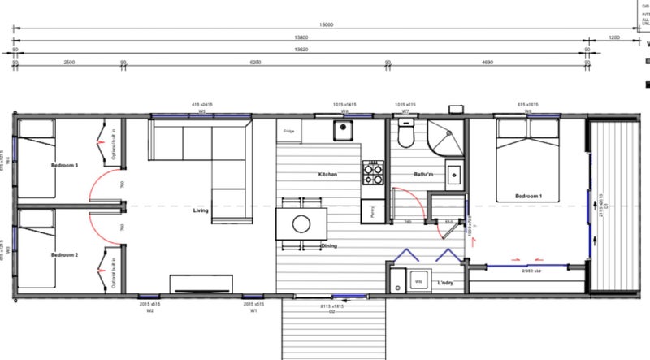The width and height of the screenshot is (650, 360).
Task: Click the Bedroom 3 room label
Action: tap(65, 166)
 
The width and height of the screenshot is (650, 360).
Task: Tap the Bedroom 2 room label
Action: tap(65, 255)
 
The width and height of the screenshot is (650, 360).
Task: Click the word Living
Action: tap(201, 210)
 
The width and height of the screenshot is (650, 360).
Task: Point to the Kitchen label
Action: tap(327, 174)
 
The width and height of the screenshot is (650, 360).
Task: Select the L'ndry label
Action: tap(445, 282)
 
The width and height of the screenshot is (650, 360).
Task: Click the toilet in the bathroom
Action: tap(408, 135)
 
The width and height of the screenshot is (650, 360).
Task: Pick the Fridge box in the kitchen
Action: tap(289, 131)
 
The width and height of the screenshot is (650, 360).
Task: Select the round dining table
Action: tap(301, 223)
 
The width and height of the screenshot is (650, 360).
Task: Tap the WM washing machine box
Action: tap(418, 281)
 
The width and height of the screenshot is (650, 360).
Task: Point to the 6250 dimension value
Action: tap(255, 62)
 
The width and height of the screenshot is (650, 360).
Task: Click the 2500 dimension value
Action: tap(69, 62)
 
